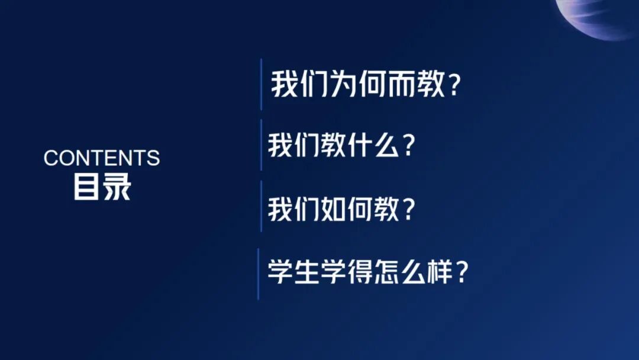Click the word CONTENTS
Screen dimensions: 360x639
click(x=102, y=158)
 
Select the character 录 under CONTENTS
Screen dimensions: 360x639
click(x=117, y=187)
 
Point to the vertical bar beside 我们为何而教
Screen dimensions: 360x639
click(x=261, y=84)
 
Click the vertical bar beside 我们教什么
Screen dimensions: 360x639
click(x=261, y=145)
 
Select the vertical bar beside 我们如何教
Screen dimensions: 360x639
click(x=261, y=207)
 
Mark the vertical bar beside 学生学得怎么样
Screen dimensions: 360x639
click(x=259, y=274)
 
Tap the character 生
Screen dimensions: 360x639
click(x=307, y=273)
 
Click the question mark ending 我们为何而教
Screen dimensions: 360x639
click(x=454, y=86)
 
